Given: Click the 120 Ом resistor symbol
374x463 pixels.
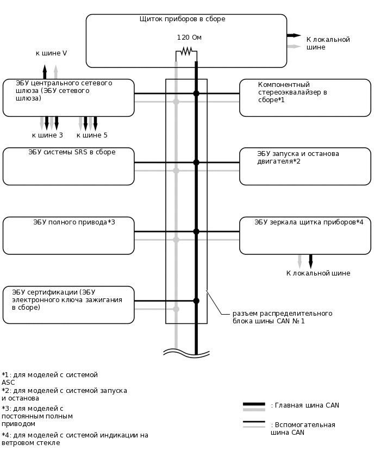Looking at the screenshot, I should point(186,51).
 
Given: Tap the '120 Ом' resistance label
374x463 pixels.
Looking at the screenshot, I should point(189,37).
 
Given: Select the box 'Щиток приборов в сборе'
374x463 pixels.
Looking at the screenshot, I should point(186,41).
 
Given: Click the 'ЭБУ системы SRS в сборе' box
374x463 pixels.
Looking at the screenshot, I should point(68,166).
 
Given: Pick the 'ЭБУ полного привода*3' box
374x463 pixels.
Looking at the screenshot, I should point(68,235).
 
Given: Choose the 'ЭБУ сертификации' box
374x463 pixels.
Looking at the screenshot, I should point(68,305).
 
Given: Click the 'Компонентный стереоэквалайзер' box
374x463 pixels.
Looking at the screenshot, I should point(305,98).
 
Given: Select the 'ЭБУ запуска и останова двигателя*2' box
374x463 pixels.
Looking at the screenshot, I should point(305,166).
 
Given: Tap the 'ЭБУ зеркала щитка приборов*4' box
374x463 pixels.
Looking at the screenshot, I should point(305,235).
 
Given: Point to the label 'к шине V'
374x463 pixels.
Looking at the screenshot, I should point(51,53).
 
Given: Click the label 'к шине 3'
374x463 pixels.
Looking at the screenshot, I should point(47,135).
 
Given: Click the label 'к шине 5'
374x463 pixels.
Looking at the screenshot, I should point(92,135).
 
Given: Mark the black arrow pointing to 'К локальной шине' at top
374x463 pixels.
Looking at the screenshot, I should point(294,35).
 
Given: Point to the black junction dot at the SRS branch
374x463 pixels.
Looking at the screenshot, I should point(196,162).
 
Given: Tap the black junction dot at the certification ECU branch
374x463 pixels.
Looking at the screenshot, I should point(196,301).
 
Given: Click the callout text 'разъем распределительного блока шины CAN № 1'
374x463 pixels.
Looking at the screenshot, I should point(282,317).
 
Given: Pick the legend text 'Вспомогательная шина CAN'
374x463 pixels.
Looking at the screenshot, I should point(303,429).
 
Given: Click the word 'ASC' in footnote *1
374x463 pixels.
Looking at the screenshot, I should point(9,383).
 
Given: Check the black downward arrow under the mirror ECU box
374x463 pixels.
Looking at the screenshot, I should point(311,261).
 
